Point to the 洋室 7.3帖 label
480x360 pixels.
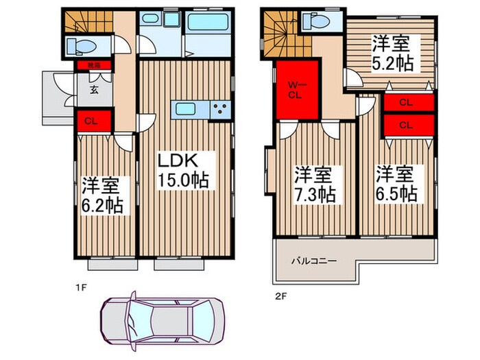click(x=315, y=183)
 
